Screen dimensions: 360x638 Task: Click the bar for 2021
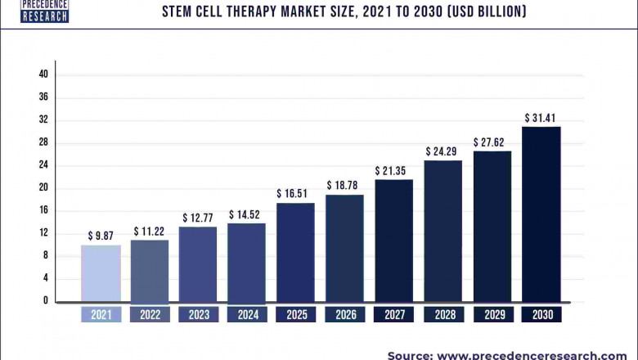101,273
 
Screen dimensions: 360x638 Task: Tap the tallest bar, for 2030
541,214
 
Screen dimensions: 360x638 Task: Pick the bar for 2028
443,231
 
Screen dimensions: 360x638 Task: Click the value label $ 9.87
101,236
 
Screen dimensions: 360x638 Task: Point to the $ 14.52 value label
247,214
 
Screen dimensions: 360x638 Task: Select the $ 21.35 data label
393,170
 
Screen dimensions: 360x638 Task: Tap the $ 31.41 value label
541,118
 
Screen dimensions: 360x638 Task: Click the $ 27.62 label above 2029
492,142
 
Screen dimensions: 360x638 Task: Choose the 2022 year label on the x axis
150,314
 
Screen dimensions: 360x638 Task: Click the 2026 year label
344,314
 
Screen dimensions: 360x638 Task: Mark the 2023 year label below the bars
199,314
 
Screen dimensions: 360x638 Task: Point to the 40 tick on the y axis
43,74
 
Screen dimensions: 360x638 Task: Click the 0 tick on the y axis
46,301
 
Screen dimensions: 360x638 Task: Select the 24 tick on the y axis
43,165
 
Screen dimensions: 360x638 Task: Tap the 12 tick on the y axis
43,233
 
